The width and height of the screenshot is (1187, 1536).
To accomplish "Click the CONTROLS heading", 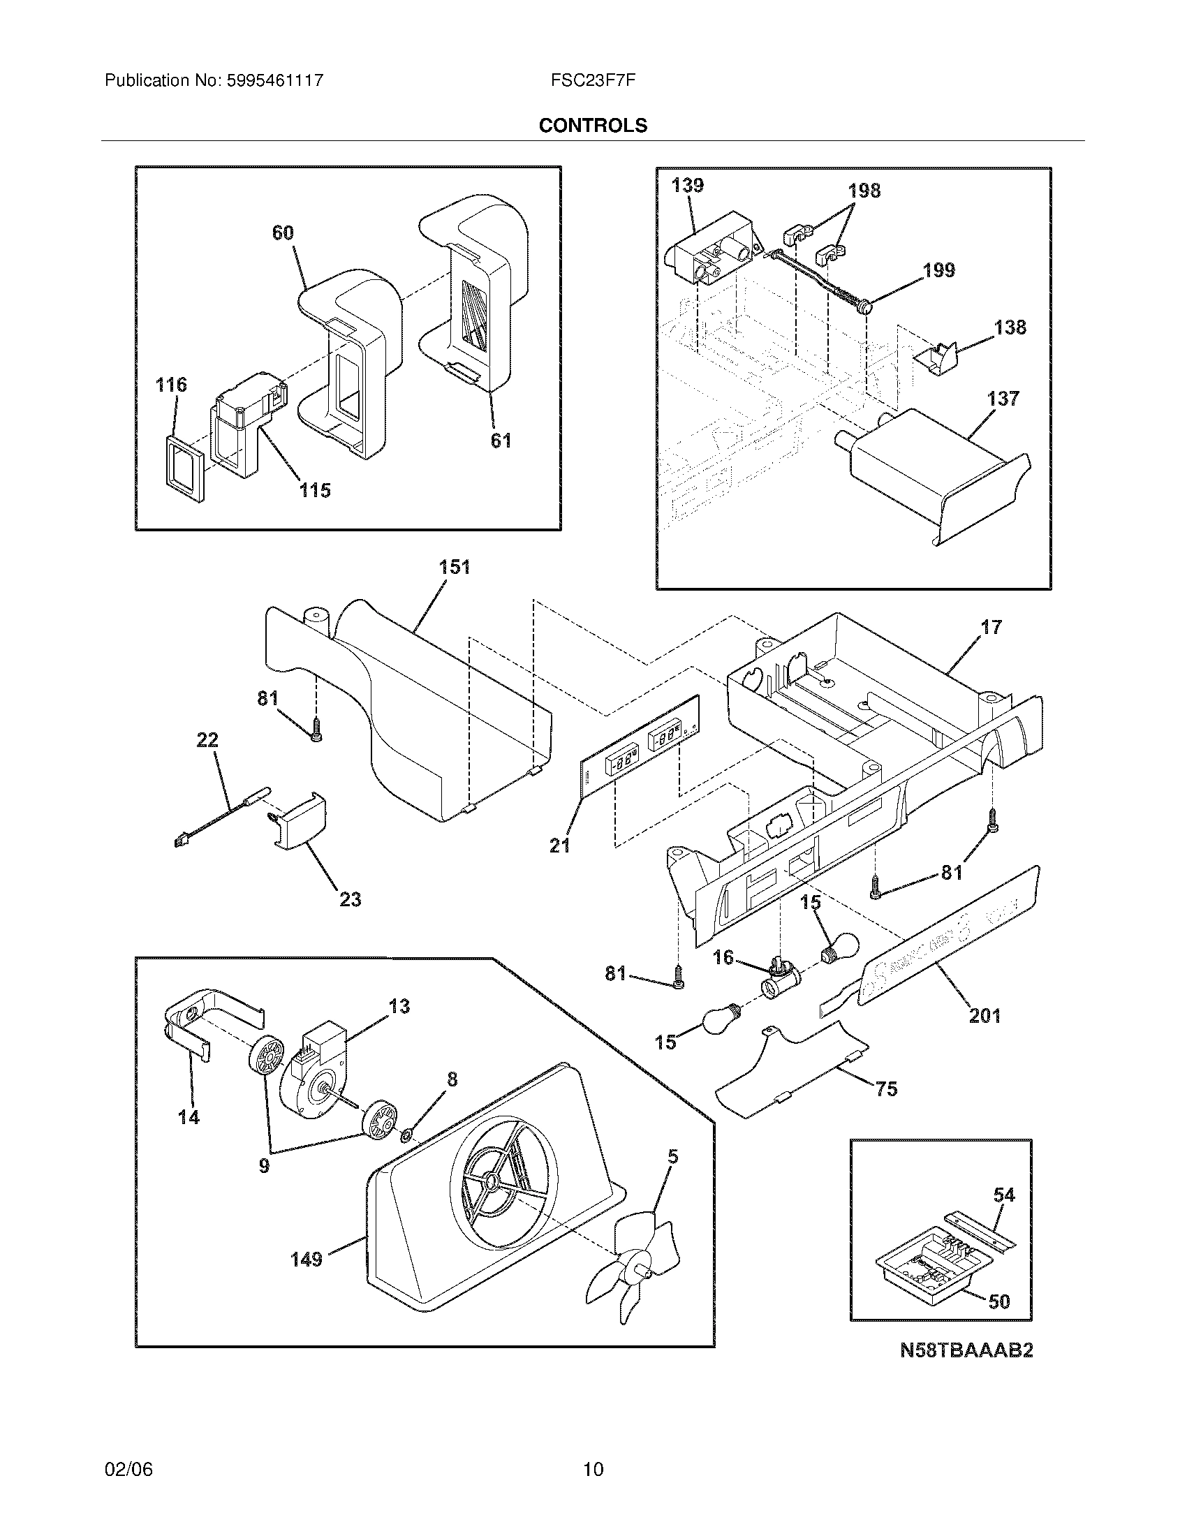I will click(x=593, y=125).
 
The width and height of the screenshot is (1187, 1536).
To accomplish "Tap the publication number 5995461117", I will click(x=274, y=80).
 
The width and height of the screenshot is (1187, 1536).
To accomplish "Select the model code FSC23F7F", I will click(x=593, y=80).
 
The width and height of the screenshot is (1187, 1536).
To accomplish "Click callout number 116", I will click(x=171, y=385).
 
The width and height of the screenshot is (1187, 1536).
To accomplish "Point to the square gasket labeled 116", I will click(x=185, y=468).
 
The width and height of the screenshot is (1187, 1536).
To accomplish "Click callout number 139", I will click(x=687, y=185).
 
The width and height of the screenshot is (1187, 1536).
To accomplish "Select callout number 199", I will click(x=938, y=270).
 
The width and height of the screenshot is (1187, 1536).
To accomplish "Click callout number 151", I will click(x=455, y=567).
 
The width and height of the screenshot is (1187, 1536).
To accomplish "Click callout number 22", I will click(x=207, y=740).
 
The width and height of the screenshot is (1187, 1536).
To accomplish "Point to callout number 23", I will click(x=351, y=899).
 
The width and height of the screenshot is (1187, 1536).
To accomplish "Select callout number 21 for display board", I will click(x=560, y=845).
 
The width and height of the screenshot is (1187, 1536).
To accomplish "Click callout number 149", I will click(x=307, y=1259).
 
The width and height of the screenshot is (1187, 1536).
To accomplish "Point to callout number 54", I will click(x=1004, y=1195).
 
